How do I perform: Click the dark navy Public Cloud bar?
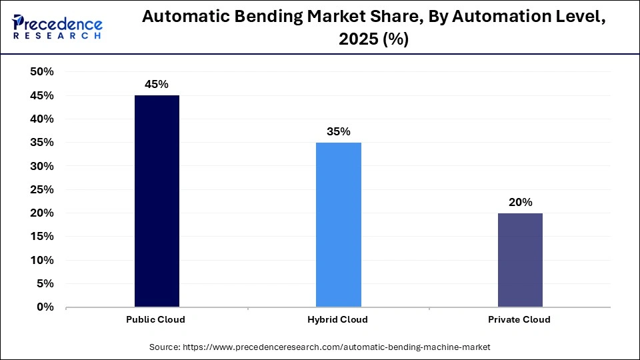coord(157,201)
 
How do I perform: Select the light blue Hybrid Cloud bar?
coord(339,225)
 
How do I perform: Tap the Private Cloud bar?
coord(519,260)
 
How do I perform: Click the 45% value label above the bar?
coord(157,85)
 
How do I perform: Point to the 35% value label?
coord(339,131)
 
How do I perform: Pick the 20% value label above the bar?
coord(519,202)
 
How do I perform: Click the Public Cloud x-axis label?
coord(155,319)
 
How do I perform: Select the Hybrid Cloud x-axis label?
coord(338,319)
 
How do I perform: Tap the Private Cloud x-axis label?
coord(519,319)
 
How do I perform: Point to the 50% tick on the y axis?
coord(42,72)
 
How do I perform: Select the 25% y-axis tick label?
coord(42,189)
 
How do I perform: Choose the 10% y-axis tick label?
coord(42,260)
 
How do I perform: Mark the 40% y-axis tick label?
coord(42,119)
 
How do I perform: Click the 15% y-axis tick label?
coord(42,237)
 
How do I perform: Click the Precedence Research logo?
coord(57,27)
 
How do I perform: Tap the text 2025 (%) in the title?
coord(374,40)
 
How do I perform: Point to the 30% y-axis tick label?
coord(42,166)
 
